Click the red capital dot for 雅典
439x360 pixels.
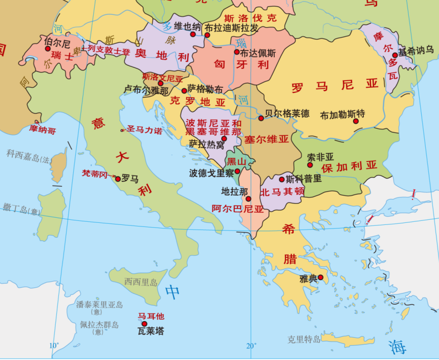[x=320, y=277]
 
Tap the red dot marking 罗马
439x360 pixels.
[x=118, y=179]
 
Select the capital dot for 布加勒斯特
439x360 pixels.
[x=356, y=121]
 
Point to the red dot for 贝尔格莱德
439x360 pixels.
[x=261, y=118]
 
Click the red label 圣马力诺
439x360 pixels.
[x=144, y=130]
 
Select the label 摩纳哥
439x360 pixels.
[x=43, y=130]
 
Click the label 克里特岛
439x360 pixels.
[x=304, y=340]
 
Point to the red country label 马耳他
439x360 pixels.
[x=151, y=316]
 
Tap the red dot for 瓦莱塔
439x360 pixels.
[x=144, y=324]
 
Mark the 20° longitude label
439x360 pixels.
[x=251, y=346]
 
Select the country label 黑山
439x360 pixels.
[x=236, y=162]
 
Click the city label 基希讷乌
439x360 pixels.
[x=416, y=51]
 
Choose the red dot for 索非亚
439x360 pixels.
[x=310, y=165]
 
